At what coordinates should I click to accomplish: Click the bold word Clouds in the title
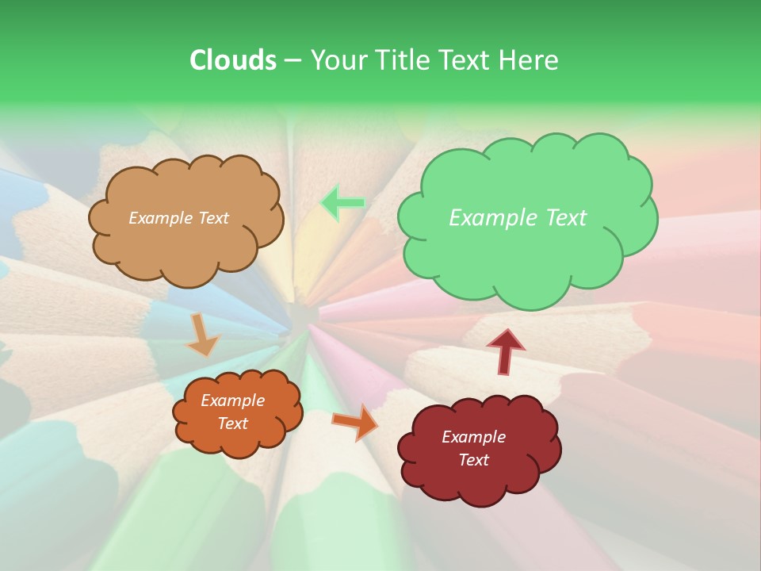click(x=232, y=59)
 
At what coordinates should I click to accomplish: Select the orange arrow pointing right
click(x=356, y=422)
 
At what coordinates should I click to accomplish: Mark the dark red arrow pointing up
click(x=505, y=351)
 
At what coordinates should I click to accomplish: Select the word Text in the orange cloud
click(x=232, y=423)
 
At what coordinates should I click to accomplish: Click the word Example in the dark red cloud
click(x=473, y=437)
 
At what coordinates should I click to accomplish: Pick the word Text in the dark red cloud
click(x=473, y=460)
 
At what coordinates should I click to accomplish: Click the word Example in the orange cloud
click(x=232, y=400)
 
